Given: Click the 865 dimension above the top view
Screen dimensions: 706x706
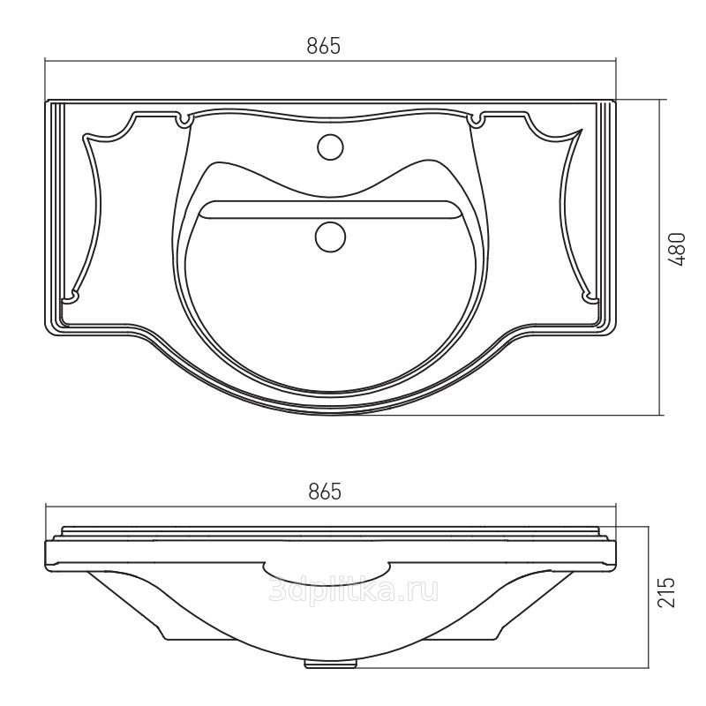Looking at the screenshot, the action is pyautogui.click(x=323, y=46).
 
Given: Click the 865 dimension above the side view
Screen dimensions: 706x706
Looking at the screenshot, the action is pyautogui.click(x=325, y=492).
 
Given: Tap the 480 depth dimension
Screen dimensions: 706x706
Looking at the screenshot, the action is pyautogui.click(x=677, y=249).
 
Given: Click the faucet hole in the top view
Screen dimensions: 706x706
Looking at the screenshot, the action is pyautogui.click(x=330, y=146).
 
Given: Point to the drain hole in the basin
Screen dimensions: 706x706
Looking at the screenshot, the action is pyautogui.click(x=330, y=237).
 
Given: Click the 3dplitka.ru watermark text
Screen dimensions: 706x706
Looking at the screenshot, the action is pyautogui.click(x=353, y=590).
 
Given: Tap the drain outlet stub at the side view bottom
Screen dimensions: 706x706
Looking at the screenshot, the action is pyautogui.click(x=331, y=664).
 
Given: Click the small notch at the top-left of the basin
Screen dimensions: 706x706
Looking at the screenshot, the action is pyautogui.click(x=184, y=121).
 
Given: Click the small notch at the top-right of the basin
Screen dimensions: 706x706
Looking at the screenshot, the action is pyautogui.click(x=477, y=121).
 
